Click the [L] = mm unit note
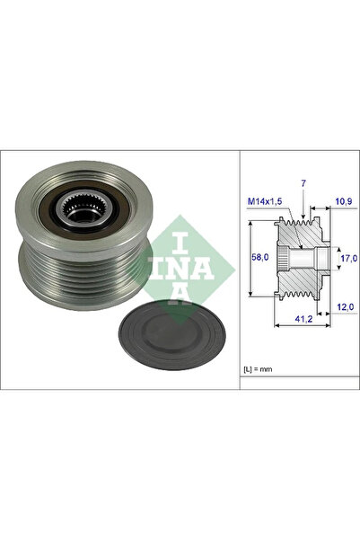261,370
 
